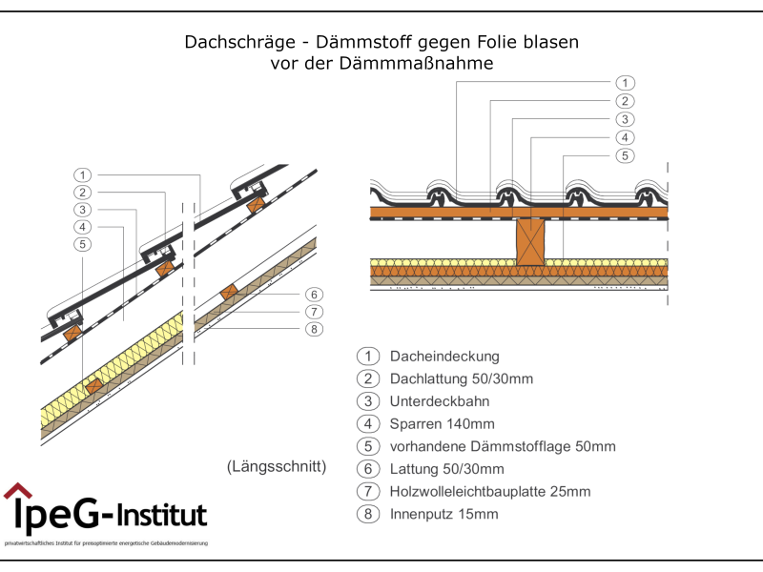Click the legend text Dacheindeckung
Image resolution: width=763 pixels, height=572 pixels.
(444, 357)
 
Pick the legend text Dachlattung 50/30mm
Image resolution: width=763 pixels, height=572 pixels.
(462, 378)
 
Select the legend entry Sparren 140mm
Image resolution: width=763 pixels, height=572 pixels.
(443, 424)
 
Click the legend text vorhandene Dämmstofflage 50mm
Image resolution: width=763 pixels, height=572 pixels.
(503, 446)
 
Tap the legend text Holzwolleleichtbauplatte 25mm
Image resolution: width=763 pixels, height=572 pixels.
(490, 492)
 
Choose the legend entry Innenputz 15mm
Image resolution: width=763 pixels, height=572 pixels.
(443, 515)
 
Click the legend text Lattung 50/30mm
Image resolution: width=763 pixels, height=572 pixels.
(446, 469)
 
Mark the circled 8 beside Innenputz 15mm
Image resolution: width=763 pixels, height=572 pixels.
(367, 515)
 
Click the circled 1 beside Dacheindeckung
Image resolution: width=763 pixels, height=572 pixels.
(367, 357)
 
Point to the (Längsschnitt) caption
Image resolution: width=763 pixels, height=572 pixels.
(277, 467)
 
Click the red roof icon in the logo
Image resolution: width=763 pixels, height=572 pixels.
(17, 492)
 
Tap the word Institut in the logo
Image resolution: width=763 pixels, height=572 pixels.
(161, 516)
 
